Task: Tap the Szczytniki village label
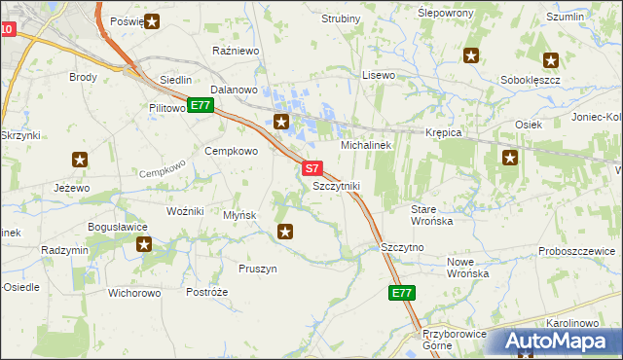(x=337, y=185)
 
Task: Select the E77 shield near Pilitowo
(x=201, y=105)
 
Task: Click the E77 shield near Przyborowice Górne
(x=402, y=293)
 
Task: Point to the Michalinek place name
(x=366, y=144)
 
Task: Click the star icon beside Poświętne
(x=152, y=20)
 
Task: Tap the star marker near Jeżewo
(x=81, y=160)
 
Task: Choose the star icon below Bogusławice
(x=145, y=244)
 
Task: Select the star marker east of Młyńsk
(x=285, y=231)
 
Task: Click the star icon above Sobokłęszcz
(x=551, y=59)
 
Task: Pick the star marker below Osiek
(x=509, y=157)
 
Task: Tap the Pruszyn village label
(x=258, y=269)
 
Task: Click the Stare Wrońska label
(x=432, y=215)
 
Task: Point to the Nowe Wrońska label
(x=466, y=268)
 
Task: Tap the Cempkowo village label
(x=231, y=151)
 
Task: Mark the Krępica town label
(x=443, y=131)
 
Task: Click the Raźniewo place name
(x=234, y=49)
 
